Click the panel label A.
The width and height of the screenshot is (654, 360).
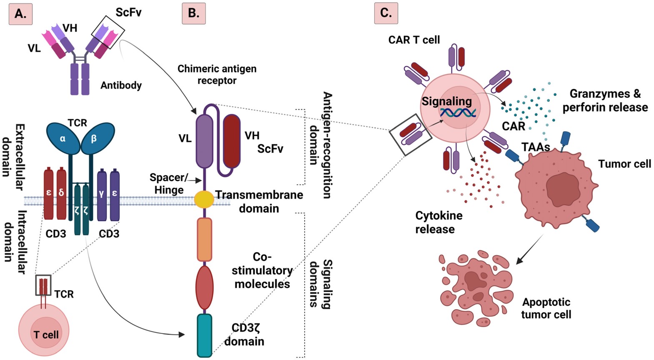[20, 13]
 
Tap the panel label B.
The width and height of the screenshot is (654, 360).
[193, 13]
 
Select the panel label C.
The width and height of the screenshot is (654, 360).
[386, 13]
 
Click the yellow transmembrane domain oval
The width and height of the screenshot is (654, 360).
[204, 199]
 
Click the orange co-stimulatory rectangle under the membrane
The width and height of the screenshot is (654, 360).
[204, 239]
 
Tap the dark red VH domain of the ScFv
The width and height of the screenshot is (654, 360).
[232, 141]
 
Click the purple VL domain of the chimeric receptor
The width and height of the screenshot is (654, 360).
[204, 141]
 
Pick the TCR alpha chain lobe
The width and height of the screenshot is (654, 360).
[63, 138]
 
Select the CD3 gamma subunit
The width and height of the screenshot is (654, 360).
[102, 193]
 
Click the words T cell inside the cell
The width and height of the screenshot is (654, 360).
[46, 335]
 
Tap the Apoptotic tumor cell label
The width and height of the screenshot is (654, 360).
[546, 308]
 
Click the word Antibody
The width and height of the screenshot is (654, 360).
[121, 85]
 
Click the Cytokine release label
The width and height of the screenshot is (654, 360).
[439, 222]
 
